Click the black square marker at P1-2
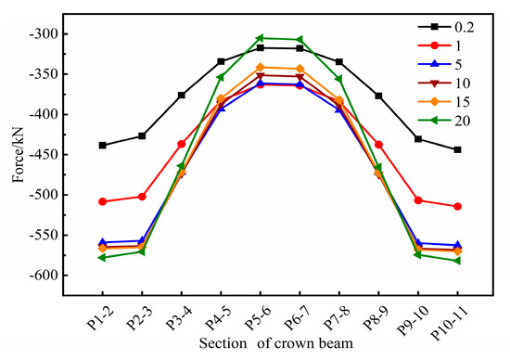click(102, 146)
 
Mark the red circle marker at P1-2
click(102, 201)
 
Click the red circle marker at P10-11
click(457, 206)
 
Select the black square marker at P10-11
click(457, 149)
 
